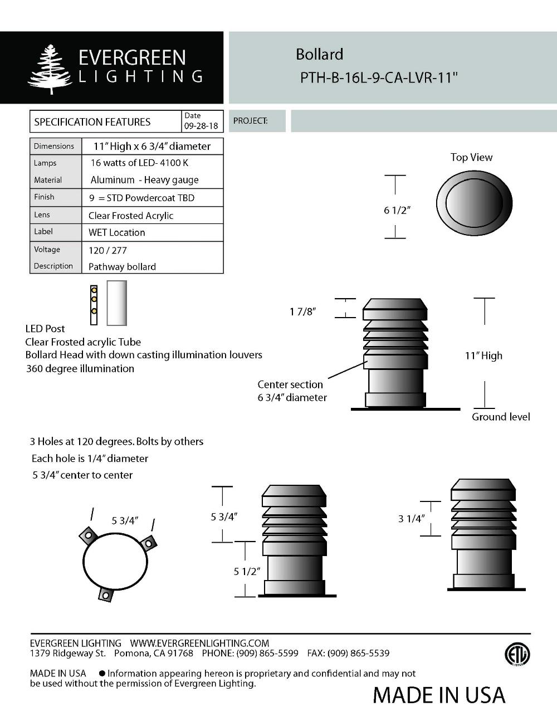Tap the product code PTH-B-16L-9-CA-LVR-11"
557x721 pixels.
click(x=379, y=77)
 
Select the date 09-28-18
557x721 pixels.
click(x=201, y=126)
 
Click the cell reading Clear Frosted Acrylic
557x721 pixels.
click(x=131, y=216)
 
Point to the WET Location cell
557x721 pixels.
click(x=117, y=232)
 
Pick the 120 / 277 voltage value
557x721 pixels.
click(x=108, y=250)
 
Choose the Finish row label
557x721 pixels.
click(x=44, y=197)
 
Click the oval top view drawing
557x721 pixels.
click(x=474, y=203)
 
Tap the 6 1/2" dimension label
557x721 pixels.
click(x=397, y=210)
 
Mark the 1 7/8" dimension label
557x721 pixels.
click(x=302, y=311)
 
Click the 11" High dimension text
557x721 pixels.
click(x=483, y=355)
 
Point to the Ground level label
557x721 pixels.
click(x=501, y=417)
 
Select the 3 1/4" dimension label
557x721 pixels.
click(x=411, y=519)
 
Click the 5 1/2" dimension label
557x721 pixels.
click(x=247, y=572)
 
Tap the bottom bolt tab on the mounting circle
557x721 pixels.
click(x=105, y=595)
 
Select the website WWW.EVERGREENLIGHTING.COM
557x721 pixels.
click(x=199, y=643)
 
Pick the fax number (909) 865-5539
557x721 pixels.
click(x=358, y=653)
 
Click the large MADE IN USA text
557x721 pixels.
click(x=439, y=695)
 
